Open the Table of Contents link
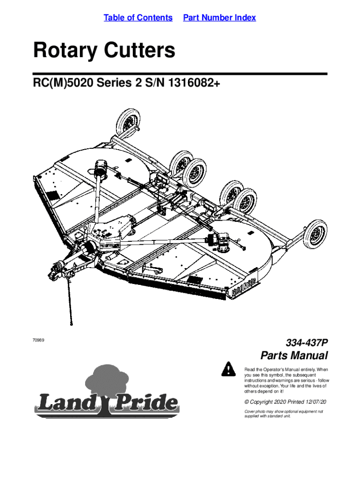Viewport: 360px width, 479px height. pos(138,18)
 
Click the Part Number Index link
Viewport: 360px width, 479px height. pos(219,18)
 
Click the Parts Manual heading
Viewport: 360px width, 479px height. pos(294,356)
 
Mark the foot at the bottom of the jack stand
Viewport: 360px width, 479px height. pos(71,322)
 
